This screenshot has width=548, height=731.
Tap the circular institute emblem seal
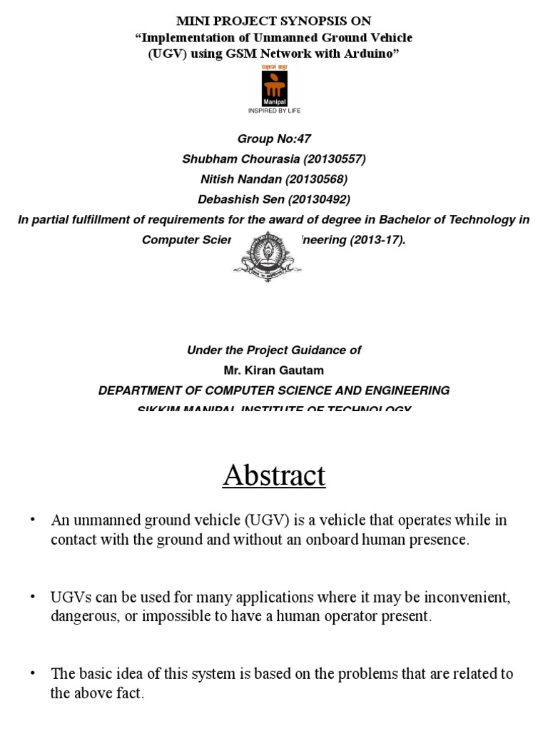[268, 256]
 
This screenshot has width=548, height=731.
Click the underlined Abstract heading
[274, 475]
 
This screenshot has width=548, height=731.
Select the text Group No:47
[274, 139]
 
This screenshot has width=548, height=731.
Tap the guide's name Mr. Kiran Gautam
[274, 370]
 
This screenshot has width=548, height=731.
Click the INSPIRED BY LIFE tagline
[273, 111]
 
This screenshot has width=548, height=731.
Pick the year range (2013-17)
[377, 239]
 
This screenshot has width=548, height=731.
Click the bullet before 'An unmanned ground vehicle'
[32, 520]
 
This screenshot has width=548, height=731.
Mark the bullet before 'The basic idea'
[32, 673]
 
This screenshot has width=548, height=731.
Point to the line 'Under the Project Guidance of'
[274, 351]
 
